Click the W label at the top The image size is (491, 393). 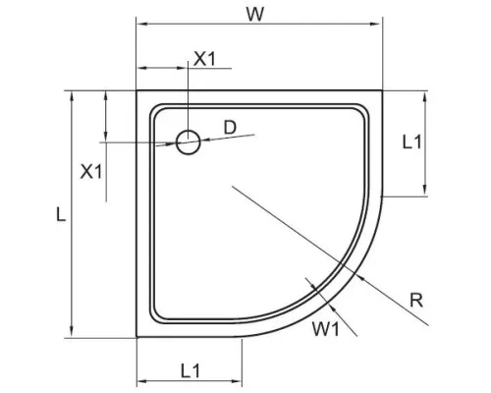258,14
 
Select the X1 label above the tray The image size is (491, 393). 204,58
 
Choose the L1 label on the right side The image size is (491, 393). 412,141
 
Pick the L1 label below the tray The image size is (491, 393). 191,370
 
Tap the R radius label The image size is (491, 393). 415,302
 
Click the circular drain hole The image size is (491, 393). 189,143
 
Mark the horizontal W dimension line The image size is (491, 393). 258,27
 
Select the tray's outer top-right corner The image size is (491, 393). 381,92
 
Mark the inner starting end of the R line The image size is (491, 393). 228,185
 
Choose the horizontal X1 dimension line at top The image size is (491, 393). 161,69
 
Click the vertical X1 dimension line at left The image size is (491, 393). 104,118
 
